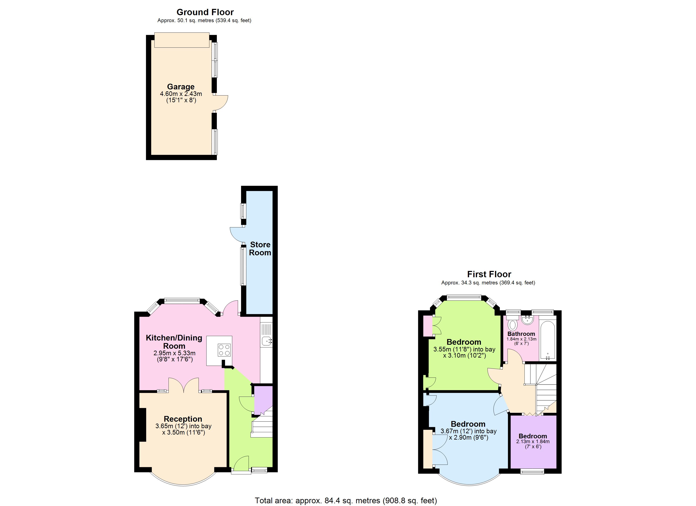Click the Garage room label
click(181, 87)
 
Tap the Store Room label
click(260, 249)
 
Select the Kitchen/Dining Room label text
click(174, 342)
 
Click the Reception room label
click(183, 419)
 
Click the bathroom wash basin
click(527, 321)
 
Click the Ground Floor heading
click(205, 12)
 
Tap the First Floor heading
click(489, 274)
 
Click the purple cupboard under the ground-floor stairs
click(263, 399)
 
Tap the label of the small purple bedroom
click(533, 436)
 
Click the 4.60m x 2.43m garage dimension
click(181, 94)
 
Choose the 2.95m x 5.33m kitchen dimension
click(174, 353)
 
